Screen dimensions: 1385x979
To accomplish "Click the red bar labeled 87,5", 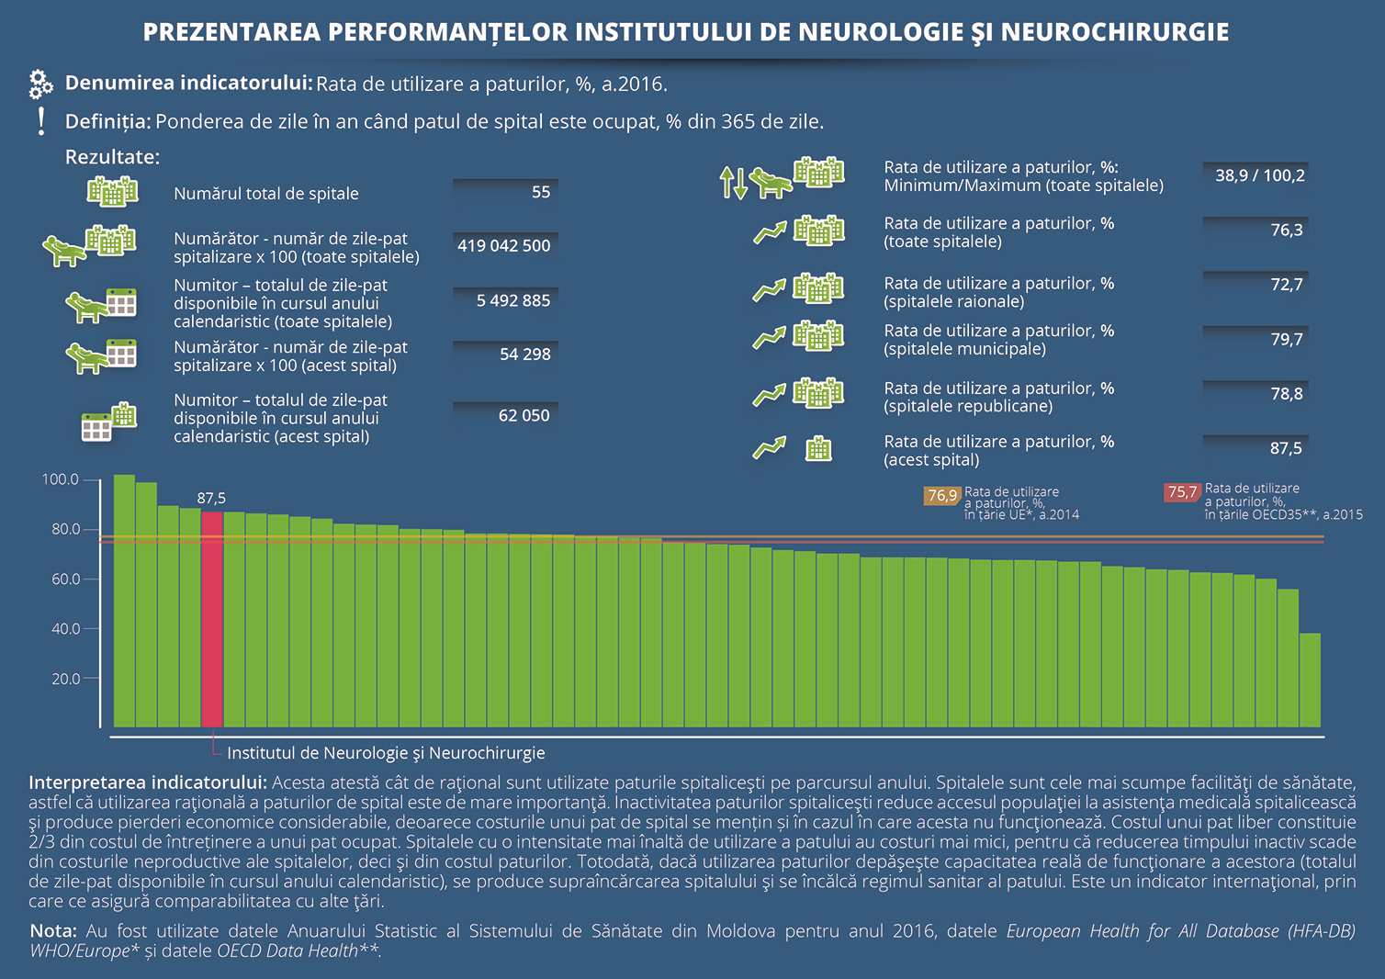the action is pyautogui.click(x=212, y=619).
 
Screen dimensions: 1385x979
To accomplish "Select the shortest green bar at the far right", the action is pyautogui.click(x=1310, y=680).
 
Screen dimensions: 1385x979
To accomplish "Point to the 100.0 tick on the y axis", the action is pyautogui.click(x=92, y=480).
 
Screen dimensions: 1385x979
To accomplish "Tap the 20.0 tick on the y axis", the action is pyautogui.click(x=92, y=678).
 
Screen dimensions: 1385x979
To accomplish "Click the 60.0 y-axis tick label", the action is pyautogui.click(x=65, y=580).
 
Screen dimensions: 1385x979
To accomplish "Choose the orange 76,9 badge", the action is pyautogui.click(x=942, y=495).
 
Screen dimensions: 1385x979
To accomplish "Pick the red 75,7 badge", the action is pyautogui.click(x=1182, y=492).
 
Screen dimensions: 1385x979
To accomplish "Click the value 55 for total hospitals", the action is pyautogui.click(x=540, y=192).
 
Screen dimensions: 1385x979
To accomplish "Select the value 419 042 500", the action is pyautogui.click(x=504, y=246).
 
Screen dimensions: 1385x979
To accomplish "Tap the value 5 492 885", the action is pyautogui.click(x=513, y=300).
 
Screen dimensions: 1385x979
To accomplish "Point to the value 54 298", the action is pyautogui.click(x=525, y=354).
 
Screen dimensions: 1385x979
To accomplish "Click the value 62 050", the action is pyautogui.click(x=524, y=416).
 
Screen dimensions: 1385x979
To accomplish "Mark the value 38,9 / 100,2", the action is pyautogui.click(x=1260, y=175).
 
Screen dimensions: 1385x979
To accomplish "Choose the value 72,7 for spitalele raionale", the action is pyautogui.click(x=1287, y=285).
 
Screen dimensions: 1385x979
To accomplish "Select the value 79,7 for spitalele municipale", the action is pyautogui.click(x=1287, y=340).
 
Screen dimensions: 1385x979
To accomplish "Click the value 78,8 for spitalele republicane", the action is pyautogui.click(x=1287, y=394).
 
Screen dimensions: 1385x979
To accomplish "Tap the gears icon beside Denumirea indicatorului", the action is pyautogui.click(x=40, y=84).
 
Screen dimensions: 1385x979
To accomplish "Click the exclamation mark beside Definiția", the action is pyautogui.click(x=40, y=121).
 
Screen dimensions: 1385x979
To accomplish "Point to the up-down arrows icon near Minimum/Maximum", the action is pyautogui.click(x=733, y=183).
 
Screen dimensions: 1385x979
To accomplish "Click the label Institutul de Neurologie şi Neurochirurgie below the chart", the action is pyautogui.click(x=386, y=753).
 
